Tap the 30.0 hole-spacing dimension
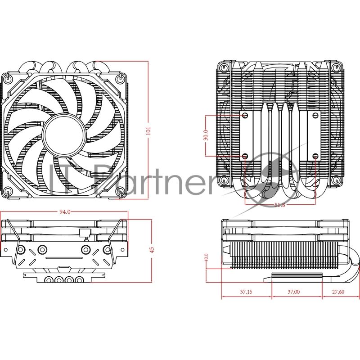point(206,135)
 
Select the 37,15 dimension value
point(246,292)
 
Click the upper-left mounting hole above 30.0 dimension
point(245,116)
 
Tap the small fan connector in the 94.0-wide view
point(84,233)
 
